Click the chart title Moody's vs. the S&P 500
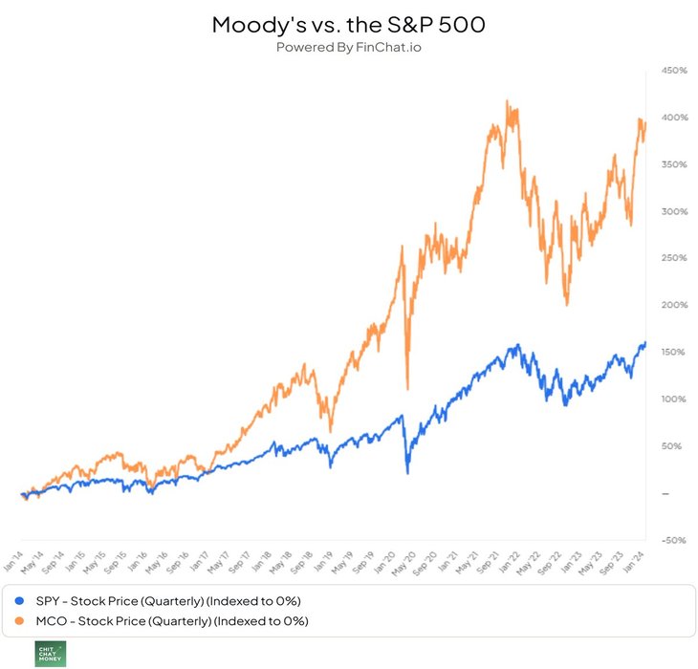pos(348,25)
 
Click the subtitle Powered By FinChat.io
pos(348,47)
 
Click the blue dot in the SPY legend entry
pos(20,601)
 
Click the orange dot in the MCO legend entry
pos(20,621)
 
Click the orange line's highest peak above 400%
pos(507,100)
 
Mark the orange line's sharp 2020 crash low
pos(408,388)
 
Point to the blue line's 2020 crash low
pos(407,473)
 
